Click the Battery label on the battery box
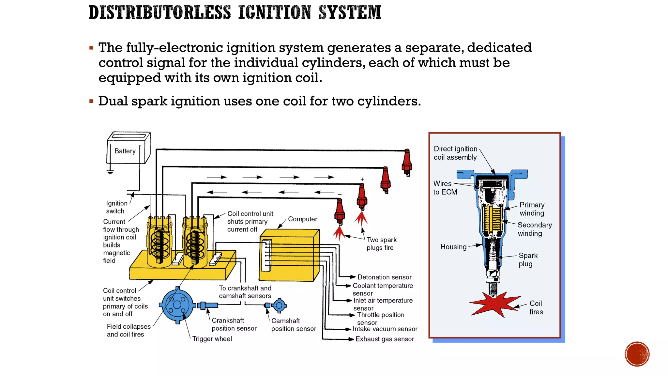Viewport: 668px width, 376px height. pyautogui.click(x=125, y=151)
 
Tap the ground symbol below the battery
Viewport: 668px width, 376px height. pyautogui.click(x=110, y=172)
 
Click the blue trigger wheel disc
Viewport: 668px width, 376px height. pyautogui.click(x=177, y=305)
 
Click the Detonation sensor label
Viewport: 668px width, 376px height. pyautogui.click(x=384, y=277)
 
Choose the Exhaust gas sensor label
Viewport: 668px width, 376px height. pyautogui.click(x=385, y=339)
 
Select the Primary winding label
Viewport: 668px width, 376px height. pyautogui.click(x=532, y=209)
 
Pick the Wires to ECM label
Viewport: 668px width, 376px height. pyautogui.click(x=445, y=188)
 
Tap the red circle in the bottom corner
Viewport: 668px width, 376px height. pyautogui.click(x=637, y=354)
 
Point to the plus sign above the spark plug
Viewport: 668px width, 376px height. pyautogui.click(x=362, y=180)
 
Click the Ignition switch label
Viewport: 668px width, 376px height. pyautogui.click(x=116, y=207)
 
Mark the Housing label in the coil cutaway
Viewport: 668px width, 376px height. pyautogui.click(x=453, y=247)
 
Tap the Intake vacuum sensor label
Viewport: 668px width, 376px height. pyautogui.click(x=385, y=329)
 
